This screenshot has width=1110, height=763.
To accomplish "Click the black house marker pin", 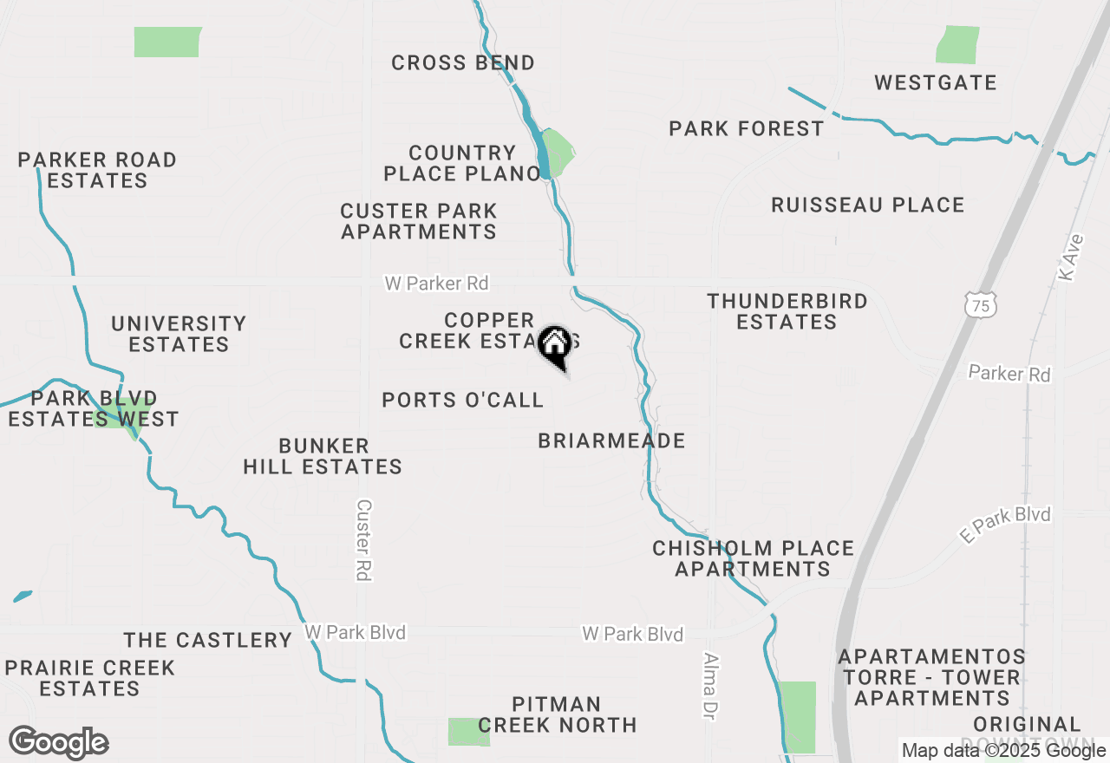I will (x=554, y=346).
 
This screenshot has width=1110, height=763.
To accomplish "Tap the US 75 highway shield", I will (x=981, y=303).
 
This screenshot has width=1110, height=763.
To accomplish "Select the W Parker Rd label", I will (x=436, y=284).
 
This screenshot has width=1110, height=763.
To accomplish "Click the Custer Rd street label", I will (x=364, y=539).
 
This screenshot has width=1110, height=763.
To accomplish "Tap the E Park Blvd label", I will (x=1005, y=525).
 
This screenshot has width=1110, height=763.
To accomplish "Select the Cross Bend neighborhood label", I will (x=463, y=62).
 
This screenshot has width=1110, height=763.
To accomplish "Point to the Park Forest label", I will (x=747, y=129).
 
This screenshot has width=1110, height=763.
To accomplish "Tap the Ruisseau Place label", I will (x=868, y=205).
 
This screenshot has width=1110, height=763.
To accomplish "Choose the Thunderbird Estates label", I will (x=787, y=311).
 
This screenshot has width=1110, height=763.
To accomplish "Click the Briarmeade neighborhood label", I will (x=611, y=440).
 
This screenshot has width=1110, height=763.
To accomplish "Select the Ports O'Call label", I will (x=463, y=400).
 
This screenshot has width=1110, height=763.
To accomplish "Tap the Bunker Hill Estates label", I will (x=323, y=456).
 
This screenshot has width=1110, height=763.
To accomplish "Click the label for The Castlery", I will (x=207, y=640).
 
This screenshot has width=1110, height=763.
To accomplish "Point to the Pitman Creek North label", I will (x=557, y=714).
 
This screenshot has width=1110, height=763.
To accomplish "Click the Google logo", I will (x=58, y=743).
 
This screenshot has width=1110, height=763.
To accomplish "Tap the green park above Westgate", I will (x=957, y=44).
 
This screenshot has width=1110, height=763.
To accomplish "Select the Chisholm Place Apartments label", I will (x=753, y=558).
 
